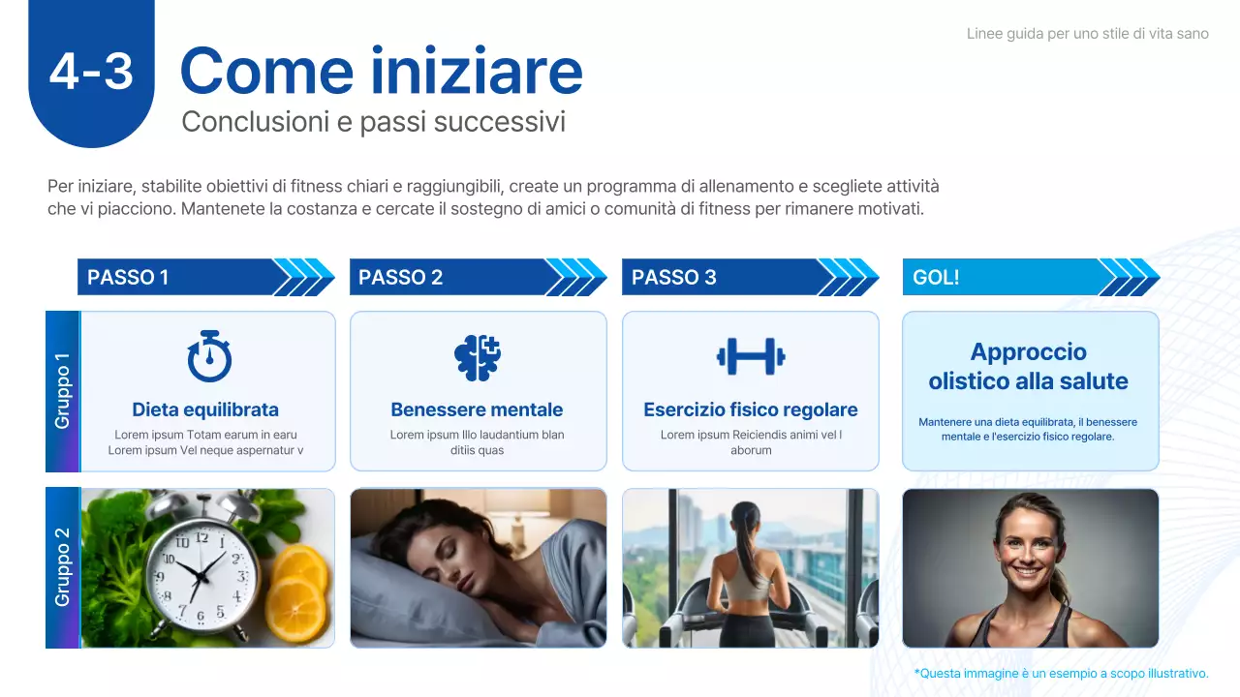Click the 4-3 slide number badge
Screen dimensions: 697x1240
91,72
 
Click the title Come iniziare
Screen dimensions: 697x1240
381,71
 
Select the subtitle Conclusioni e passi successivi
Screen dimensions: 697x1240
373,123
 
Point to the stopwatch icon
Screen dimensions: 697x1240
208,356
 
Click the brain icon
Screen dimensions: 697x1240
478,356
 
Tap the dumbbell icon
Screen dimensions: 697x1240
751,356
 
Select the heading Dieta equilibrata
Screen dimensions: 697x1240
205,409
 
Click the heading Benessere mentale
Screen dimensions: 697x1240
477,409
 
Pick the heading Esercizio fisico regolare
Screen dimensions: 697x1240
751,409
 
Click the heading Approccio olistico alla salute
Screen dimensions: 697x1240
1029,366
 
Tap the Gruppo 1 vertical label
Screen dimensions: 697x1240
63,391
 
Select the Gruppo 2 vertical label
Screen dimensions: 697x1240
63,567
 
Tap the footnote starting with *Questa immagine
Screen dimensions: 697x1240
1061,674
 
